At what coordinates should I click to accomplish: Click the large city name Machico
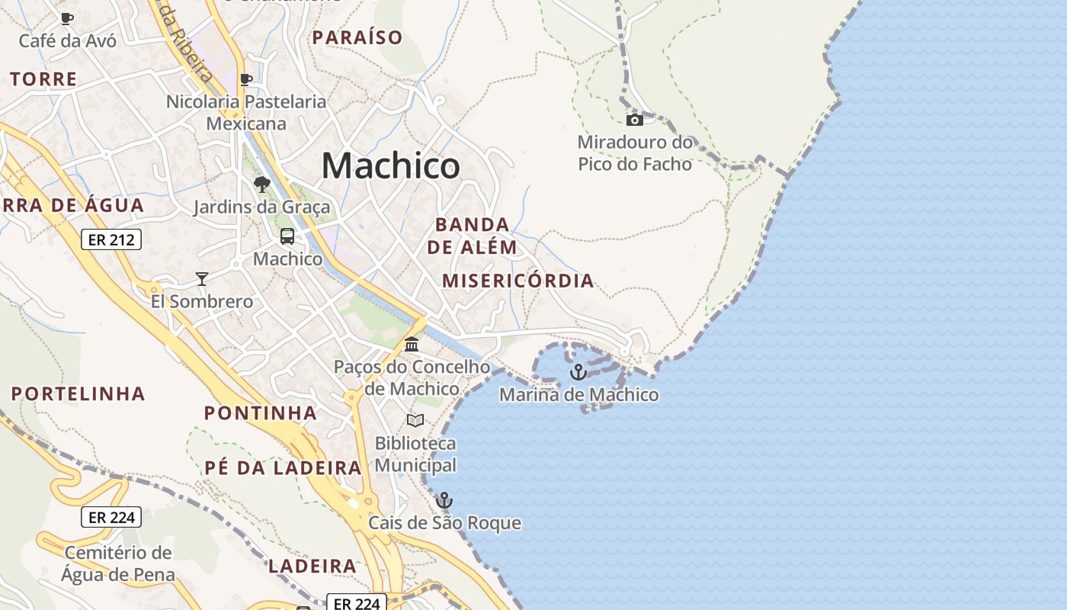pos(390,165)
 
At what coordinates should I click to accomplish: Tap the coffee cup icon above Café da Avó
pos(67,18)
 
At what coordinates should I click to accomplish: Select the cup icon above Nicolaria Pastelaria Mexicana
pos(246,79)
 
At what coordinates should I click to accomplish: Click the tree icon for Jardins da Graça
pos(261,184)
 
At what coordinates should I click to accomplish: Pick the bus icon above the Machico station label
pos(287,236)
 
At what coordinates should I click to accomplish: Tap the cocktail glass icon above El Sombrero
pos(202,279)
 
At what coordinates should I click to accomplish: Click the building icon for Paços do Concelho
pos(412,345)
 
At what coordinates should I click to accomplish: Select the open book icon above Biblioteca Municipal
pos(415,420)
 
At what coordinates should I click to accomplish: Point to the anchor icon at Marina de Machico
pos(578,372)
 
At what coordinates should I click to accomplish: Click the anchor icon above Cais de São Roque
pos(444,500)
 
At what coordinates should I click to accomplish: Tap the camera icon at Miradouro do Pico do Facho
pos(634,120)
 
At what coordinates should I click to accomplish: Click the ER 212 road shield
pos(111,240)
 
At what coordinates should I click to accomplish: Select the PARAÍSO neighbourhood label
pos(357,37)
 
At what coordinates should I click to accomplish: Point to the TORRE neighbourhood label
pos(44,79)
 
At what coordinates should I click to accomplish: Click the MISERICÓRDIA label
pos(518,281)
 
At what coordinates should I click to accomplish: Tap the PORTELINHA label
pos(79,394)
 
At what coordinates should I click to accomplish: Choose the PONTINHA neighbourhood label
pos(261,413)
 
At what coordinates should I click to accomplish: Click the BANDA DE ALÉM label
pos(472,236)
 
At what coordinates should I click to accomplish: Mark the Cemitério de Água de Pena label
pos(118,563)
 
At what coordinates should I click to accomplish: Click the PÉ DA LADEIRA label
pos(283,467)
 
